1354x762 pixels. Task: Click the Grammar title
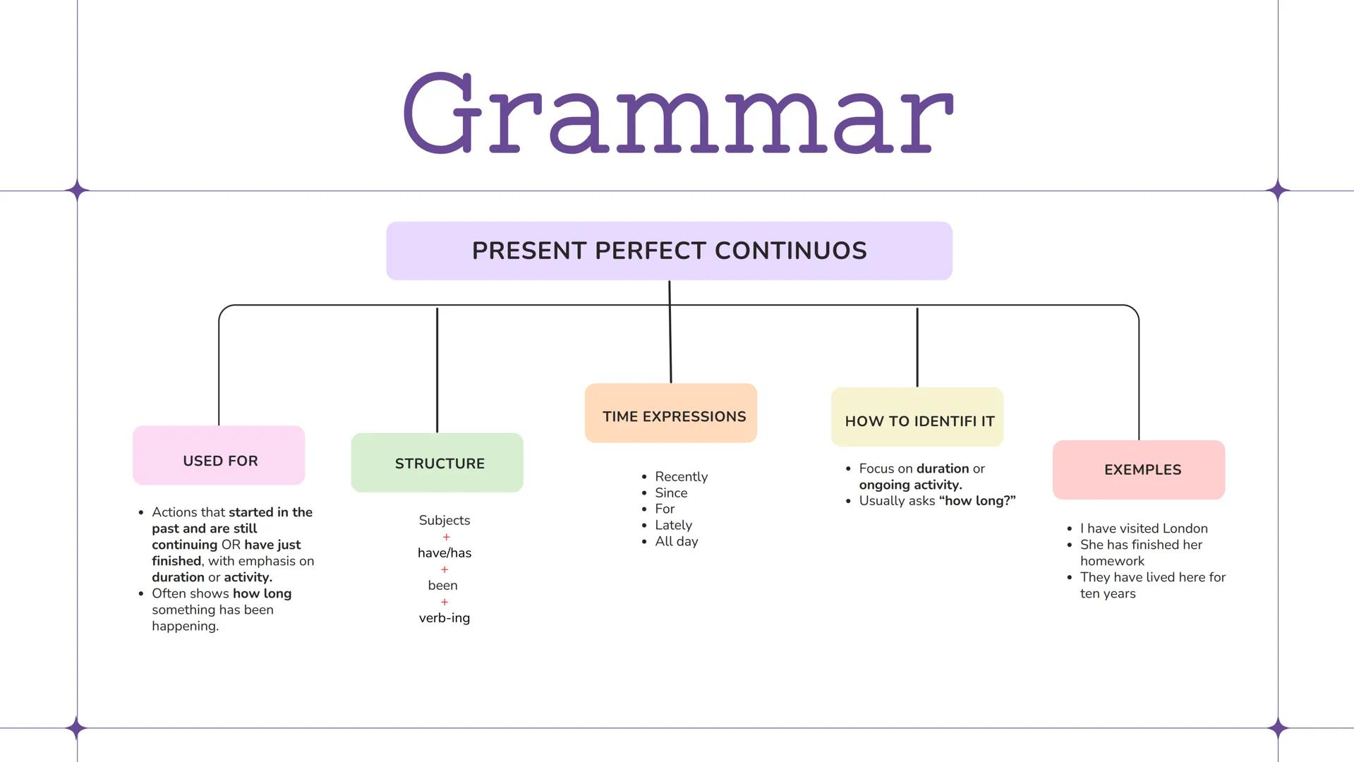[x=677, y=113]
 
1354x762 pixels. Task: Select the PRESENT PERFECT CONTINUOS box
[x=669, y=250]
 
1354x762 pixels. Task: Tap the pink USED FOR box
[x=219, y=456]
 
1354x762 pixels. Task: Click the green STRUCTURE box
[x=437, y=463]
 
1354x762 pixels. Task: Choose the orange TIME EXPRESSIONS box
[x=671, y=413]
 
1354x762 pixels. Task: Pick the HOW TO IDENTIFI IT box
[x=917, y=418]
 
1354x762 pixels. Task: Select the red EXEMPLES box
[x=1139, y=470]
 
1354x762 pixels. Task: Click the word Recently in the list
[x=681, y=477]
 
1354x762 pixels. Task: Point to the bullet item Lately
[x=673, y=526]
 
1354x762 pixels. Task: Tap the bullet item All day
[x=676, y=542]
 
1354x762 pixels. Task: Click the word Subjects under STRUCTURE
[x=444, y=521]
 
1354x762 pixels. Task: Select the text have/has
[x=444, y=553]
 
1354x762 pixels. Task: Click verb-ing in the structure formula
[x=444, y=618]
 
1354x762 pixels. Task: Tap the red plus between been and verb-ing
[x=444, y=603]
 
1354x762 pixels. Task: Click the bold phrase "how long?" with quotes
[x=977, y=501]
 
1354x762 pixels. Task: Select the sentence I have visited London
[x=1143, y=528]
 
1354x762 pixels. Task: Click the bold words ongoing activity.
[x=910, y=485]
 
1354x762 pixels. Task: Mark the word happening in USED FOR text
[x=185, y=627]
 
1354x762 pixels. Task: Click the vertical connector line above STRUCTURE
[x=437, y=370]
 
